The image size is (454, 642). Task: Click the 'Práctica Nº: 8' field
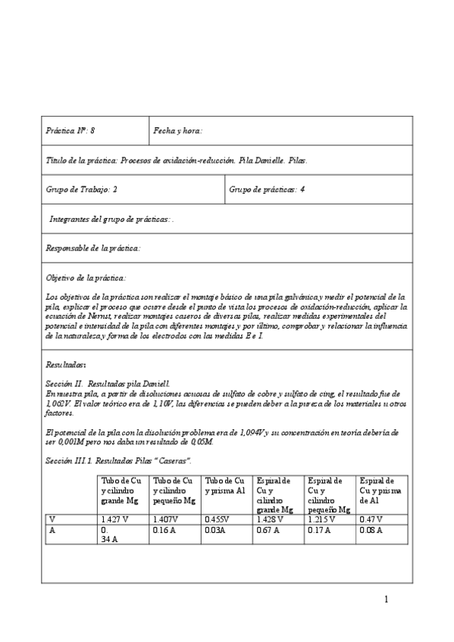[x=70, y=130]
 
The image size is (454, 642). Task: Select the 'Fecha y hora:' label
[x=178, y=130]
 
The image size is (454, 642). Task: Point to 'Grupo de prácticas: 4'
[x=267, y=189]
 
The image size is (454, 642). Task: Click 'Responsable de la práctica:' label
[x=94, y=248]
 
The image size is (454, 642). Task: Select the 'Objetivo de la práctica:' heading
[x=86, y=278]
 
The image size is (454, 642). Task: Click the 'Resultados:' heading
[x=66, y=364]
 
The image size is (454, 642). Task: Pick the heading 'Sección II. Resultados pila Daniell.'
[x=108, y=384]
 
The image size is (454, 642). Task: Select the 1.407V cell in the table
[x=167, y=519]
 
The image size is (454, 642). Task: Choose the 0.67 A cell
[x=269, y=530]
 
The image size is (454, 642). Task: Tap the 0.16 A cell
[x=165, y=530]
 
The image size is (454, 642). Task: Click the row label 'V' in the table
[x=52, y=519]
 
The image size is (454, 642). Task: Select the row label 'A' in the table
[x=52, y=530]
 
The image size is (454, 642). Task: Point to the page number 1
[x=386, y=600]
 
